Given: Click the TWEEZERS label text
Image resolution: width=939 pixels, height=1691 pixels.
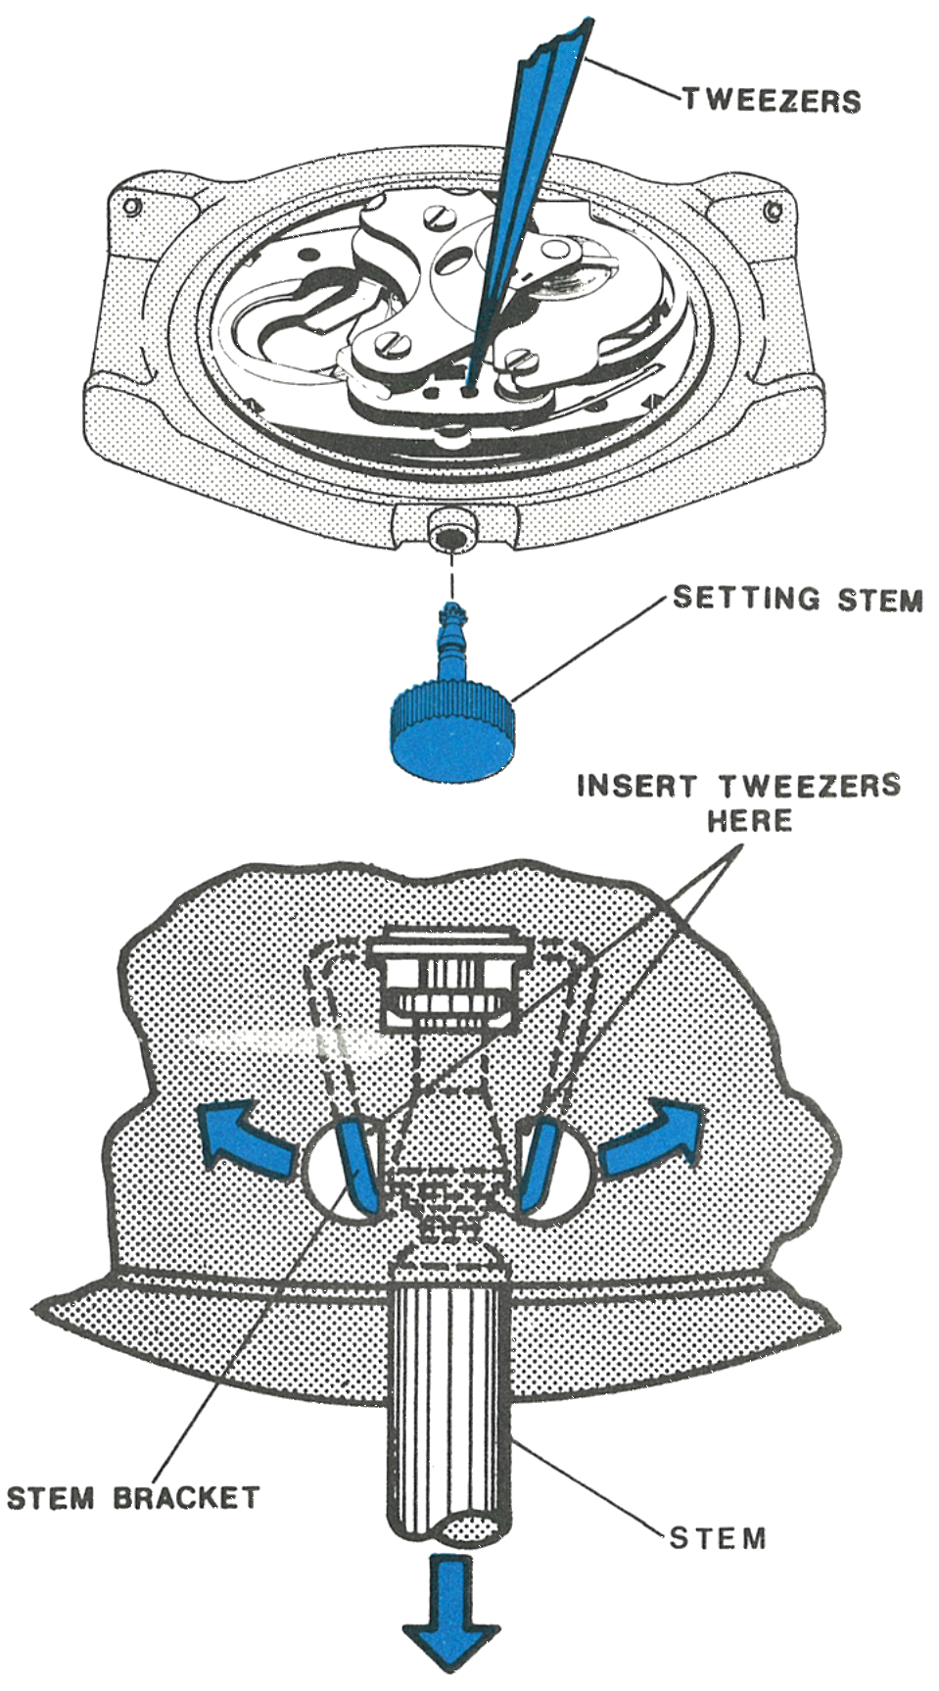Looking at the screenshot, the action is pos(772,100).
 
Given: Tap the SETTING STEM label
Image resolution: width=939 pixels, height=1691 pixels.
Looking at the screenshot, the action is pos(798,598).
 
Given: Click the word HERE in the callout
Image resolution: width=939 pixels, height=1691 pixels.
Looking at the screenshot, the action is pos(749,820).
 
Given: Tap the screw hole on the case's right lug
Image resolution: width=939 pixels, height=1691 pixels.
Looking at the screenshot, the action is pos(773,211).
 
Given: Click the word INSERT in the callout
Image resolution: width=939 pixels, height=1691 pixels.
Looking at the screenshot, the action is pos(637,786).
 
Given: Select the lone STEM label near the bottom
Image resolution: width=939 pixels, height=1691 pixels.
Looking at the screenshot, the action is pos(718,1537).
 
